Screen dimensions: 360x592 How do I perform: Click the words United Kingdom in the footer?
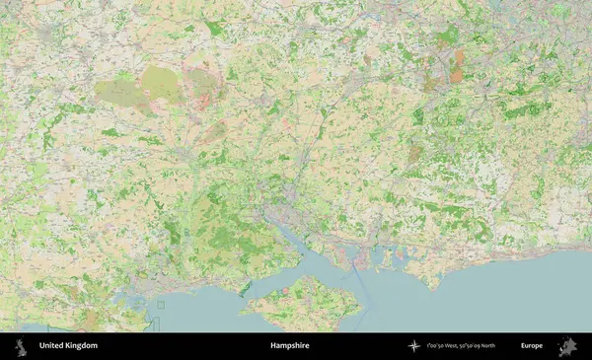[x=68, y=346]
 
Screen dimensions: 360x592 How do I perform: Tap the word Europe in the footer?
[x=532, y=346]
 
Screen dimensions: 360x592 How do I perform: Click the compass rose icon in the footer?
[x=413, y=346]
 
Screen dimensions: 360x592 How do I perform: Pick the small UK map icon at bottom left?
[x=22, y=346]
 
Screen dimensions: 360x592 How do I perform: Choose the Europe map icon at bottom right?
[x=567, y=346]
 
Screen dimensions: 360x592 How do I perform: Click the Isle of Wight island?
[x=302, y=304]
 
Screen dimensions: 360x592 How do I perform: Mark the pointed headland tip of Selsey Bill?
[x=432, y=287]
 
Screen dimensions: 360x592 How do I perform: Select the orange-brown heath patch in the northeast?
[x=457, y=67]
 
